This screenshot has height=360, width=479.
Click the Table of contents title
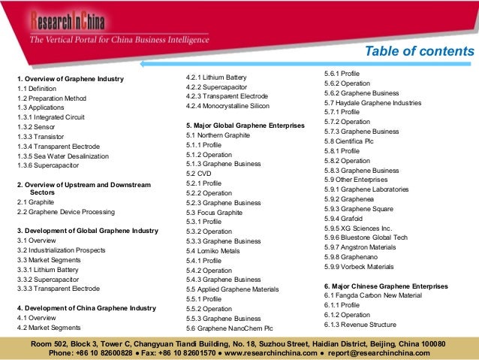coord(419,51)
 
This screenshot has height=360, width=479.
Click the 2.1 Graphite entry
coord(35,203)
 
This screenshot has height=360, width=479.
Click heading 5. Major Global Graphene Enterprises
coord(245,125)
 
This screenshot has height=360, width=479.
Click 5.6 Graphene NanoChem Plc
coord(229,328)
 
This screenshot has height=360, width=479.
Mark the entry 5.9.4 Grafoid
coord(348,218)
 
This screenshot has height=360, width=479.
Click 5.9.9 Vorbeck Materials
coord(358,266)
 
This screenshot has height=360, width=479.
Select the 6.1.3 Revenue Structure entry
coord(360,325)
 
